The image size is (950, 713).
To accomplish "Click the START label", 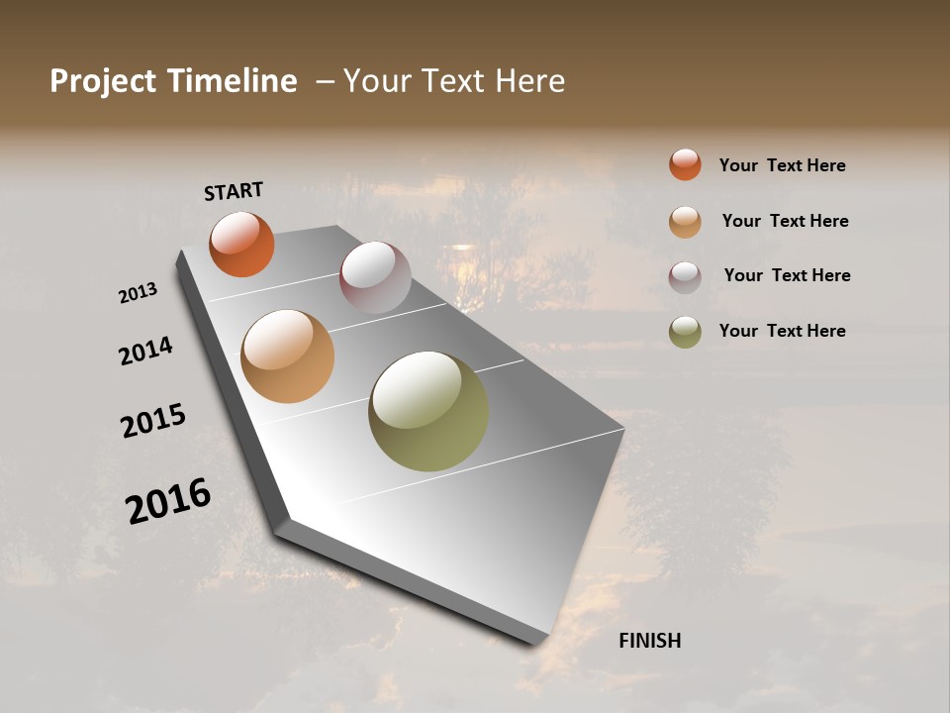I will point(234,191).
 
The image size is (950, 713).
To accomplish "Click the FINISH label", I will point(649,641).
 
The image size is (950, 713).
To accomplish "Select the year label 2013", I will point(139,293).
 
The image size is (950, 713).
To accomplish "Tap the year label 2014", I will point(146,351).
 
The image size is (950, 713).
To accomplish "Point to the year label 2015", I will point(153,421).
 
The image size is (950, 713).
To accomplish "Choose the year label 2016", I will point(168,500).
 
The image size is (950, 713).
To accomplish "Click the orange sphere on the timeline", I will point(241,244).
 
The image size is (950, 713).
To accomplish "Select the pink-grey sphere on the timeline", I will point(375,277).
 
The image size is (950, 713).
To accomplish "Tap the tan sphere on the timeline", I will point(287,356).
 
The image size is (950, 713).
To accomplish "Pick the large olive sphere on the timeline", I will point(427,411).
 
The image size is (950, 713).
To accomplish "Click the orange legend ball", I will point(685,164).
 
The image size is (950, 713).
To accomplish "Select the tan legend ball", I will point(685,222).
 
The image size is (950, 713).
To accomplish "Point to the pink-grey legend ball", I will point(685,277).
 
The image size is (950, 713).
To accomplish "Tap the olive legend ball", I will point(685,333).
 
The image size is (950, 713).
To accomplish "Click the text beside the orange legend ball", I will point(782,165).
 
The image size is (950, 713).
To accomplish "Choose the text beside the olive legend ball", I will point(782,331).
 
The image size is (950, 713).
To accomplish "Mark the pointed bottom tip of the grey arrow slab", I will point(539,642).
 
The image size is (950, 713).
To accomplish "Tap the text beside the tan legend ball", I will point(785,221).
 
